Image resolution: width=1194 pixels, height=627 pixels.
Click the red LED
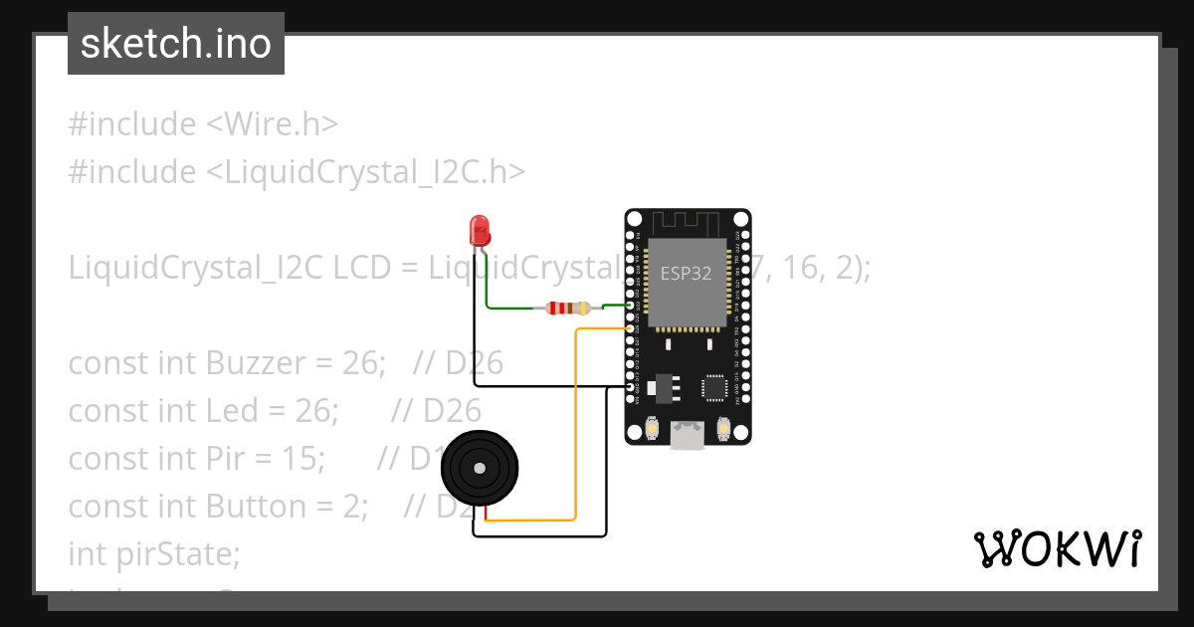click(480, 231)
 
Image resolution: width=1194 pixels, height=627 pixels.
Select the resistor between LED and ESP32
click(564, 309)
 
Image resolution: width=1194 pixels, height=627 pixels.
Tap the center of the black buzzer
click(481, 467)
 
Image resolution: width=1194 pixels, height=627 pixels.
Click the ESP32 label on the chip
click(687, 273)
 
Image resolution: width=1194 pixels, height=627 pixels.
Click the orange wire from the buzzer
click(575, 428)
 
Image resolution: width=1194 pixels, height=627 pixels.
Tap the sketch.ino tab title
click(176, 44)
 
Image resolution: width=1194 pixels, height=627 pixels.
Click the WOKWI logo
click(1057, 548)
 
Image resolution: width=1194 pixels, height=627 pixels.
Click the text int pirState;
click(154, 553)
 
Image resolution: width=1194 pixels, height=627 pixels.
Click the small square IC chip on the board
click(714, 387)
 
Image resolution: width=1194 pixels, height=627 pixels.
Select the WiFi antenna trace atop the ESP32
click(687, 222)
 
